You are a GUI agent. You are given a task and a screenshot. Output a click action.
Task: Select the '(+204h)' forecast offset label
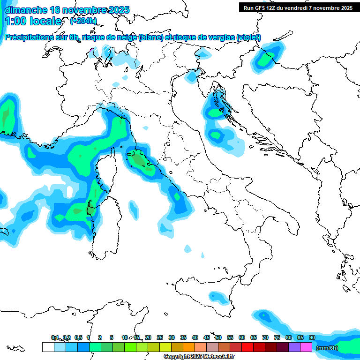pos(83,21)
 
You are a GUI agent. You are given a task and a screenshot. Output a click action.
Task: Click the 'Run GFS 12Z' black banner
pos(298,8)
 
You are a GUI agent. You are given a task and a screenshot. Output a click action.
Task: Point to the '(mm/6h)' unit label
pos(327,348)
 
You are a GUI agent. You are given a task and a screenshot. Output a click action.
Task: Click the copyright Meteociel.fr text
pos(199,357)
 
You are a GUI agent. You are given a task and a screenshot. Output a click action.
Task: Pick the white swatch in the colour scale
pos(48,347)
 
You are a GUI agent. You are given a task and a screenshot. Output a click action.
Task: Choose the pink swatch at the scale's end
pos(306,347)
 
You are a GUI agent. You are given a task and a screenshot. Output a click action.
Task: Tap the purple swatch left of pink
pos(294,347)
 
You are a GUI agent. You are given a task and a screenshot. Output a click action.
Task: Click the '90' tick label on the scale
pos(312,337)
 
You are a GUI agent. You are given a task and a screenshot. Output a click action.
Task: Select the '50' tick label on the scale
pos(218,337)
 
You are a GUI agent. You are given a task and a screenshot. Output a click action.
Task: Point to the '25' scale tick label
pos(160,337)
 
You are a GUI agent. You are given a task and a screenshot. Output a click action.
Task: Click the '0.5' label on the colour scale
pos(78,337)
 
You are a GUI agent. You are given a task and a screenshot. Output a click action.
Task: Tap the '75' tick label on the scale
pos(277,337)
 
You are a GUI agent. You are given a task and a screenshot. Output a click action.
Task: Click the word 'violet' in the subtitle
pos(248,37)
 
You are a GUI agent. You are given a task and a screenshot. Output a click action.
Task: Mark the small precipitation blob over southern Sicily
pos(217,297)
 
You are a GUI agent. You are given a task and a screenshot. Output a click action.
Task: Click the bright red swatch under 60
pos(247,347)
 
